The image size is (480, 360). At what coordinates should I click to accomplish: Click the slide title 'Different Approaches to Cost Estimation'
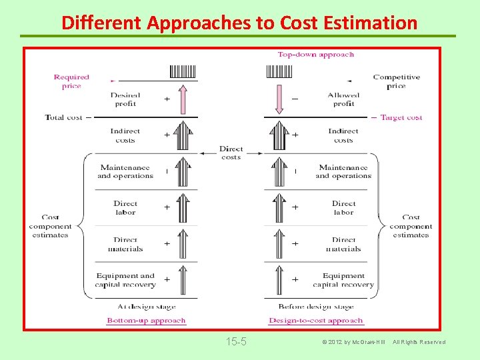point(239,23)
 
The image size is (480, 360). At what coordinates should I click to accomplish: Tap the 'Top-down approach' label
point(315,55)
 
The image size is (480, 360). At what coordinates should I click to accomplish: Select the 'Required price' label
point(71,81)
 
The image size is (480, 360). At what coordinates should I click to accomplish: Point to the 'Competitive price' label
point(396,81)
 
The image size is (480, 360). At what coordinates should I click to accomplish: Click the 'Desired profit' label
point(125,99)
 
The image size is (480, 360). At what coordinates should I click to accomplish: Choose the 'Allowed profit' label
point(343,99)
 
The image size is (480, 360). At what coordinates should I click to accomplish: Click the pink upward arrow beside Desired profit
point(183,99)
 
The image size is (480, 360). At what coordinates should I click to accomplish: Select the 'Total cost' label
point(64,117)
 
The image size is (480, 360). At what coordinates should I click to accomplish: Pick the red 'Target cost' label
point(401,117)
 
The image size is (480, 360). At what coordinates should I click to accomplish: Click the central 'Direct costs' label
point(231,153)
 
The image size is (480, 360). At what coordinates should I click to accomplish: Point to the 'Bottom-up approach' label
point(146,321)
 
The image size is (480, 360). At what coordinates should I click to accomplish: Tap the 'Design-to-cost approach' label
point(315,321)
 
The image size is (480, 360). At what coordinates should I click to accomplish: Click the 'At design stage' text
point(146,307)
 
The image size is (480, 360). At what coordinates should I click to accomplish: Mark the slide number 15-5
point(236,342)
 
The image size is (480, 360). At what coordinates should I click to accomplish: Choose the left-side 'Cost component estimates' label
point(50,226)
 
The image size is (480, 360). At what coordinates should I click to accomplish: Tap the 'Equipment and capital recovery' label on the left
point(125,280)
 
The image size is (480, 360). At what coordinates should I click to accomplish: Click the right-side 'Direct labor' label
point(343,208)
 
